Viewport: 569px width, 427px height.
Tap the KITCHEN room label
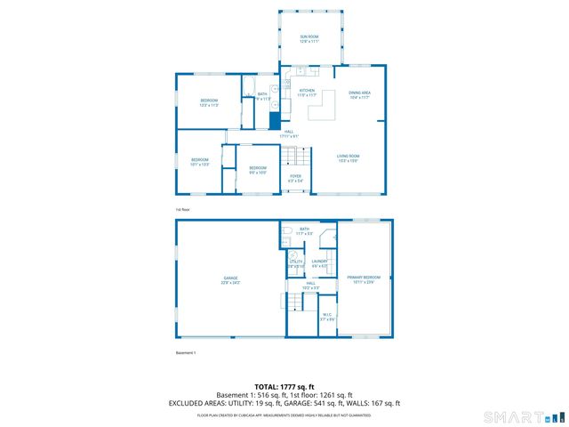point(307,93)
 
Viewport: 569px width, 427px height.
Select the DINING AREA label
point(359,94)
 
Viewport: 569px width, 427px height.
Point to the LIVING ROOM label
point(348,158)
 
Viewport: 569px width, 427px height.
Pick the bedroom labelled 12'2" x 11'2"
point(209,102)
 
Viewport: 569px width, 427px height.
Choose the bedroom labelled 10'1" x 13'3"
point(199,162)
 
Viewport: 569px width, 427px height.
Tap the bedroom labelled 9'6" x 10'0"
point(257,170)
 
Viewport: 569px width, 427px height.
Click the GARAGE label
point(230,280)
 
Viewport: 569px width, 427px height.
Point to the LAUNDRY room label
point(320,263)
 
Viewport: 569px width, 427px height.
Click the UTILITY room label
point(296,263)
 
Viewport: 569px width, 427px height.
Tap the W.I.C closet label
point(326,316)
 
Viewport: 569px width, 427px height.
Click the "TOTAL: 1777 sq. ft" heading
point(284,387)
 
